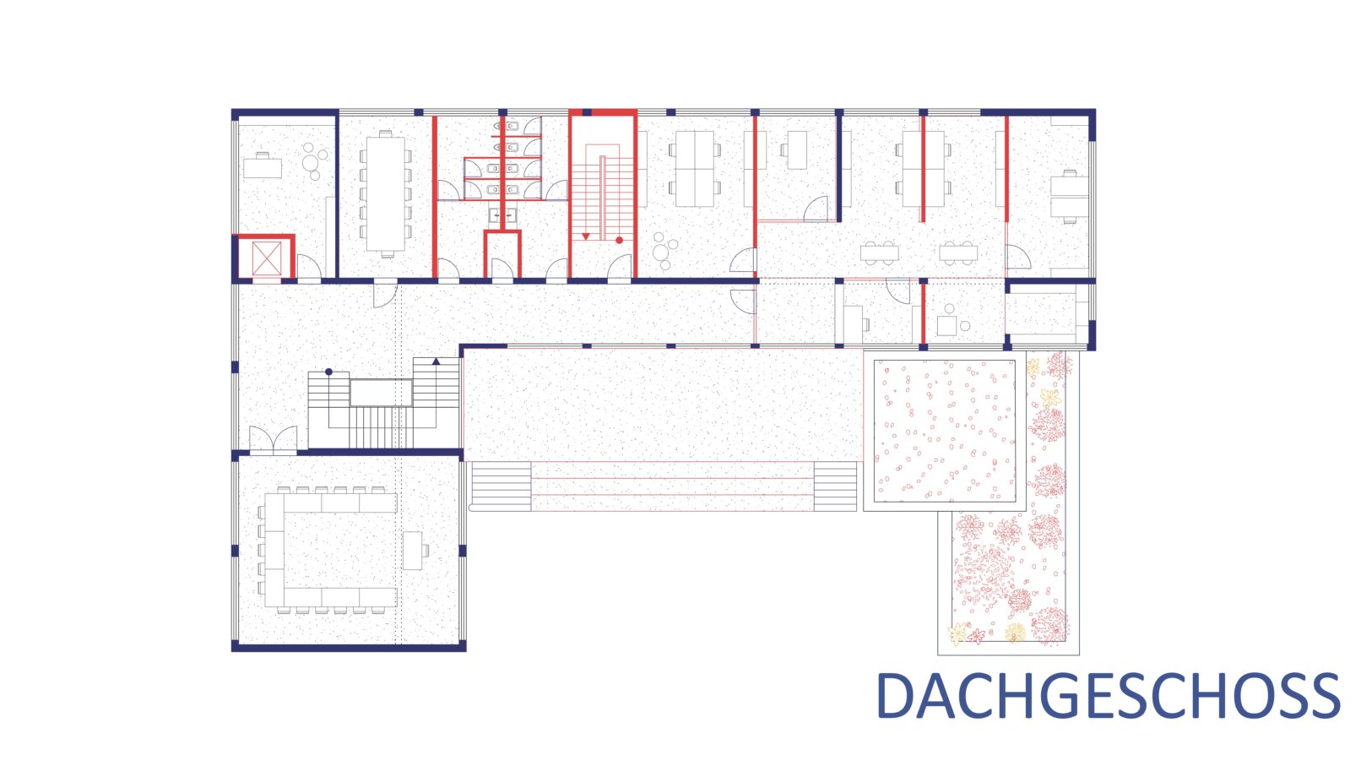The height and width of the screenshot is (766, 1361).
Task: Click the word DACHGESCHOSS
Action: [1108, 696]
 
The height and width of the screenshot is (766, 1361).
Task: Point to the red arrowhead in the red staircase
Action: [586, 236]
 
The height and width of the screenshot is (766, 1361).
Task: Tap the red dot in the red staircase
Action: [619, 240]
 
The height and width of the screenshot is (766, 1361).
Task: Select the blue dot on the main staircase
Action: [328, 372]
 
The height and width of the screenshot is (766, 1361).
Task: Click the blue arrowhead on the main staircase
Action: [436, 361]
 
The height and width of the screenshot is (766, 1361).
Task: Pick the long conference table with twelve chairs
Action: [386, 194]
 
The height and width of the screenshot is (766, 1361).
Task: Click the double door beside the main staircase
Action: [274, 440]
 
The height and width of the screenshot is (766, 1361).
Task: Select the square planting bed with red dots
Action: [945, 431]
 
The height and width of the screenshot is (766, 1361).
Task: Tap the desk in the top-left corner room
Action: [263, 166]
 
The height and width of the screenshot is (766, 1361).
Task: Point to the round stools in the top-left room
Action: [313, 161]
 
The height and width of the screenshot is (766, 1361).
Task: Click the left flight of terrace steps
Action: [502, 486]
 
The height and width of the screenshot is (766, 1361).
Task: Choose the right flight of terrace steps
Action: [836, 486]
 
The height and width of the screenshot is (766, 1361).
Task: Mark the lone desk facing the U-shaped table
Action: [414, 550]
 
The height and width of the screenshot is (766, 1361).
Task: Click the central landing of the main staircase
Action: [381, 393]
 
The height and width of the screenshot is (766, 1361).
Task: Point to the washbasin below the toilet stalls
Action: [502, 215]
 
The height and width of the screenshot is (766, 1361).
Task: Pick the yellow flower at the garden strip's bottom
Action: [1015, 633]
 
